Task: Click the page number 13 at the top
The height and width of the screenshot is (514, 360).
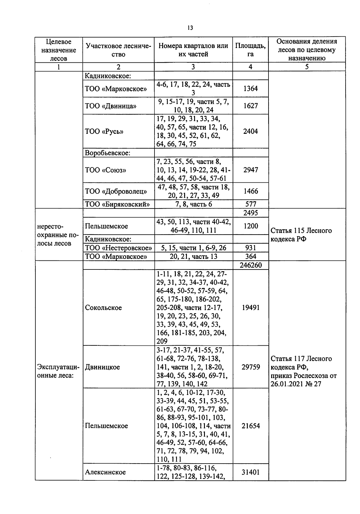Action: [190, 28]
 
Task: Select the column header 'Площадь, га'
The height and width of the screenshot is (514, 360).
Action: [250, 50]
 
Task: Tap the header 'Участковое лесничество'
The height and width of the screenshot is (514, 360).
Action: [118, 50]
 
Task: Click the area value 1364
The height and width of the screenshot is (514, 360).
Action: [250, 89]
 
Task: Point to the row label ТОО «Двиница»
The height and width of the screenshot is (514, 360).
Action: [111, 106]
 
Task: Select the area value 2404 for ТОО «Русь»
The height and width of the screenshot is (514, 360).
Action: [250, 131]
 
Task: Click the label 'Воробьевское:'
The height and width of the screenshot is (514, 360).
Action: [108, 153]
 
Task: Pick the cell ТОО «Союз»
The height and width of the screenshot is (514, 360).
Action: [106, 170]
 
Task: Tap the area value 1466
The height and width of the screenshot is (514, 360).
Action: [250, 191]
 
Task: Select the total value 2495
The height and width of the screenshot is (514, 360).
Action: [250, 213]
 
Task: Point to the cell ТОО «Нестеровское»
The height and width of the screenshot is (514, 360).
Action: [118, 248]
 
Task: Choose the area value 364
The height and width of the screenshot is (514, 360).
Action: [250, 257]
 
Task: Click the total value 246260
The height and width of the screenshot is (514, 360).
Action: [250, 265]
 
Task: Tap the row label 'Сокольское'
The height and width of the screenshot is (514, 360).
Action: [103, 308]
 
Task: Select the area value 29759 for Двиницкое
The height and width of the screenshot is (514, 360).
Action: [250, 367]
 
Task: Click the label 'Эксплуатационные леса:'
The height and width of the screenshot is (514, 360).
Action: [58, 371]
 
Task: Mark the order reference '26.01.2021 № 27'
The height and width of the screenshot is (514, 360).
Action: [296, 384]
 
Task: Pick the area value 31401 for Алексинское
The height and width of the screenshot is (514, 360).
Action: [250, 472]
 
